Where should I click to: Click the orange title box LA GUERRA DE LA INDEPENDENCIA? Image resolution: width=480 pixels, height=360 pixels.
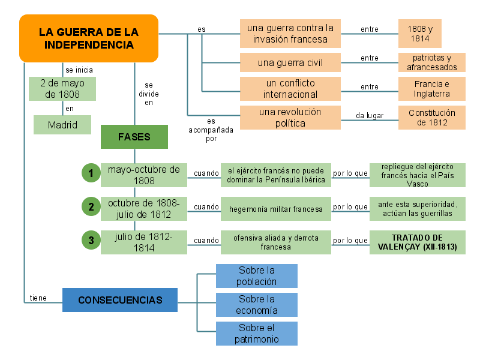click(89, 38)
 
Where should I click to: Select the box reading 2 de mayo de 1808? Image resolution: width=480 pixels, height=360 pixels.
click(62, 89)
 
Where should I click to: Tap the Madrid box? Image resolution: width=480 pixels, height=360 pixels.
click(62, 125)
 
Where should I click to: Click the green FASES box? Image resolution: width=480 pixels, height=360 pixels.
click(134, 137)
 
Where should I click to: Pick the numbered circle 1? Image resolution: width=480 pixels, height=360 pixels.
click(91, 174)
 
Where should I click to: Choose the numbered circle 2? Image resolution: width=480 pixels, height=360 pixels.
click(91, 208)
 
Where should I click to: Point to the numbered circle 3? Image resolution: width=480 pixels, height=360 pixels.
click(91, 241)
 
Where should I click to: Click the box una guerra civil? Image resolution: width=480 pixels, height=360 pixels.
click(290, 62)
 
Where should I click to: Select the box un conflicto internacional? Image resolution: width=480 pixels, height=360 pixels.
click(290, 89)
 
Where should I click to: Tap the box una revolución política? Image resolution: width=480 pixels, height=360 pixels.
click(290, 118)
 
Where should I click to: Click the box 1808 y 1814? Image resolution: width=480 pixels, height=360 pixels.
click(420, 34)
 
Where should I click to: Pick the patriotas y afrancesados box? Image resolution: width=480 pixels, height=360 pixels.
click(431, 62)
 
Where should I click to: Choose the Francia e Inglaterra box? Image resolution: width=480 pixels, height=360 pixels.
click(431, 89)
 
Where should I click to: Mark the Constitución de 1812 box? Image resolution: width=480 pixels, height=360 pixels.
click(431, 118)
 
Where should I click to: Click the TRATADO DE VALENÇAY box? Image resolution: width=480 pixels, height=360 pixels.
click(417, 242)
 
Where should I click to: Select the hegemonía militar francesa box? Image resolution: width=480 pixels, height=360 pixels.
click(276, 209)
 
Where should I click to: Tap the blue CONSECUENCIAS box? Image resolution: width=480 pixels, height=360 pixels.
click(120, 300)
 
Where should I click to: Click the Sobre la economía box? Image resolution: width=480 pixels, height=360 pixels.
click(257, 305)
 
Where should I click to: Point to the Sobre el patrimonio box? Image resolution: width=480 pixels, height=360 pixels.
click(257, 334)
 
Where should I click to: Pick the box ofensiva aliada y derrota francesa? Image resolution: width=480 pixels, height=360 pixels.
click(276, 242)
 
